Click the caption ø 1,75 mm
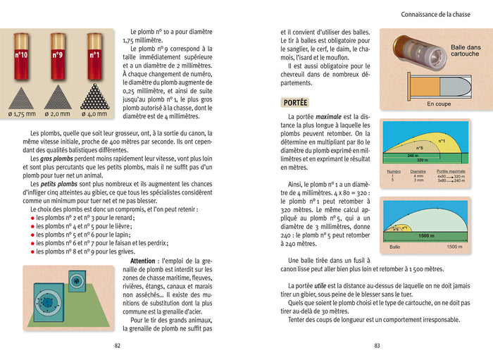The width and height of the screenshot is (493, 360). point(20,113)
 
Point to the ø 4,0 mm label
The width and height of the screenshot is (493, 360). point(95,113)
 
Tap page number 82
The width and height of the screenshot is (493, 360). point(118,345)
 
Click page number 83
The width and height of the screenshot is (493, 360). point(377,345)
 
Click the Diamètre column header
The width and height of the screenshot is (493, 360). point(418,171)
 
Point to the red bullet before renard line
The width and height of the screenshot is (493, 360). point(32,218)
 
